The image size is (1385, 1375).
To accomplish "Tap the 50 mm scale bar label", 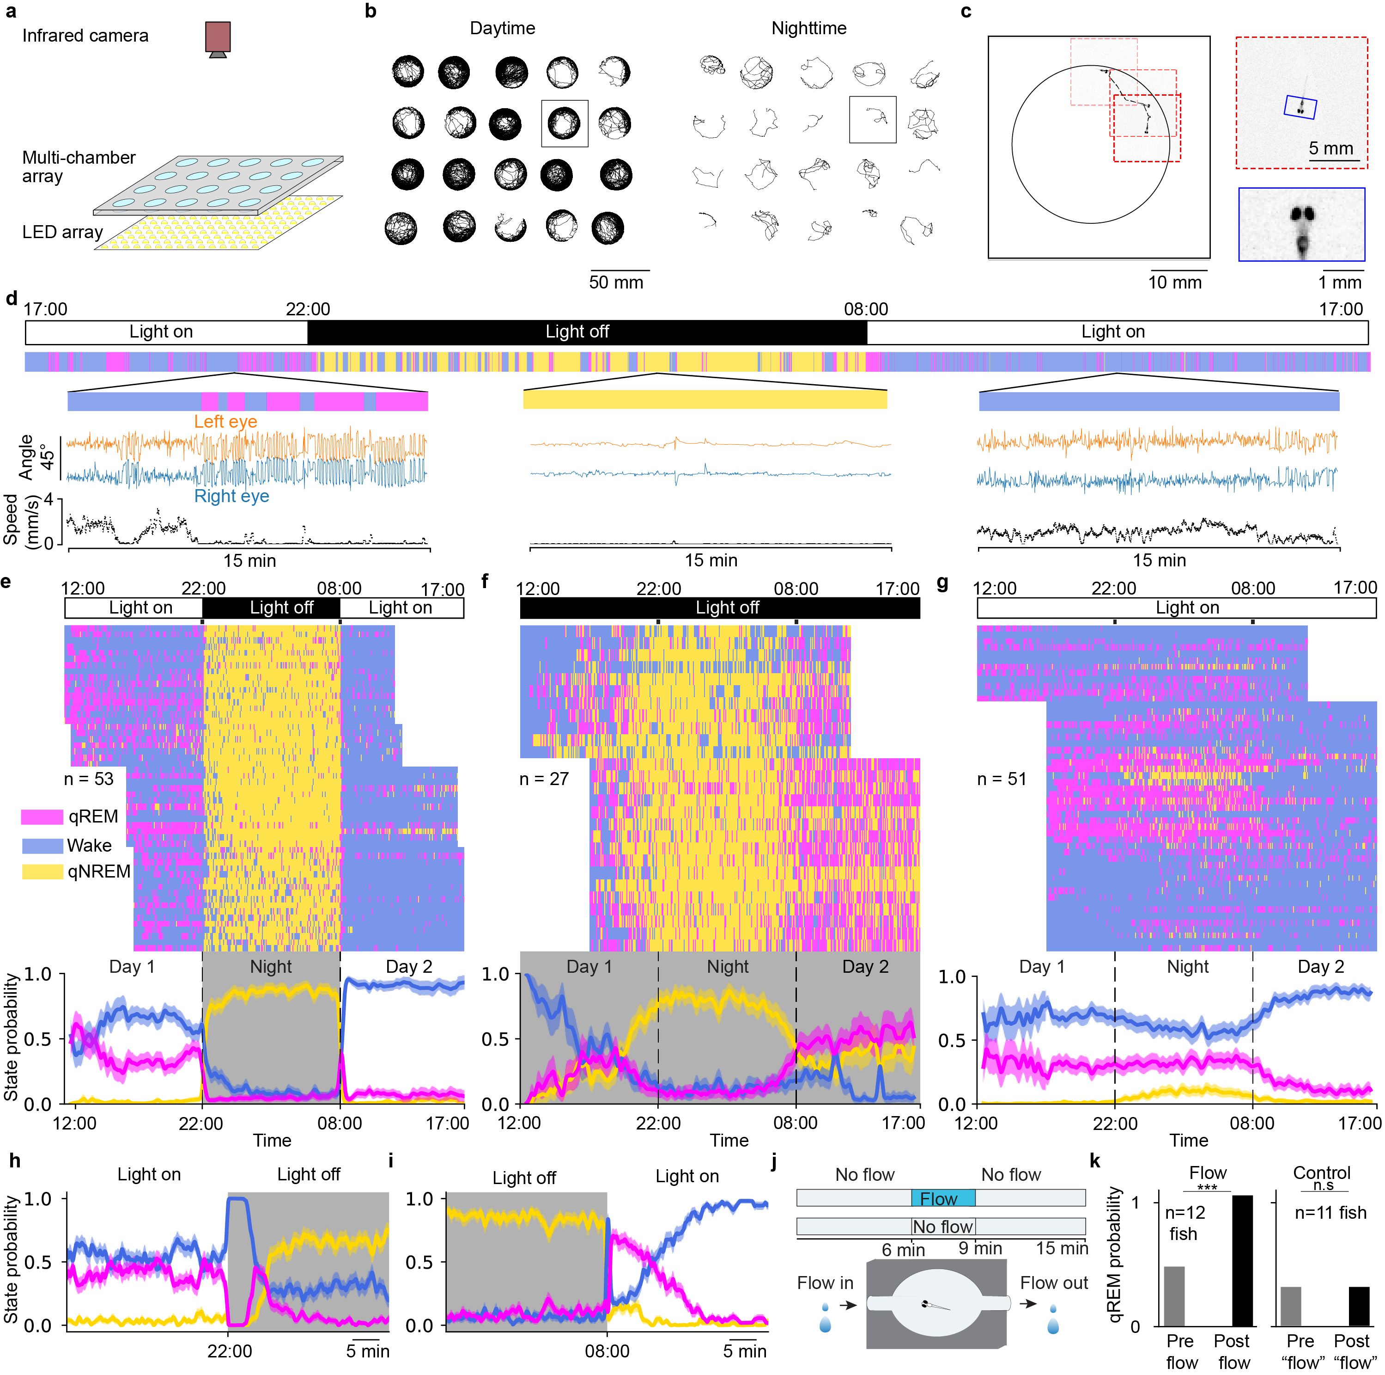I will pos(616,282).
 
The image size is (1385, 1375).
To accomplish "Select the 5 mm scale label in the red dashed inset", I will pos(1330,148).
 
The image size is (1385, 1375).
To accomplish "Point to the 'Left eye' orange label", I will pos(225,422).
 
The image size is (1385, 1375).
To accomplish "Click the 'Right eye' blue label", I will pos(231,497).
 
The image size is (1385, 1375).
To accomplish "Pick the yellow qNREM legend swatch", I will pos(42,872).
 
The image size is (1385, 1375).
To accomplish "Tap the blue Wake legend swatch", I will pos(42,846).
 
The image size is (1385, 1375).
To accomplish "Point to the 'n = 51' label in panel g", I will pos(1002,779).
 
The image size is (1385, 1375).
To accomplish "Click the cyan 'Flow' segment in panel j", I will pos(942,1198).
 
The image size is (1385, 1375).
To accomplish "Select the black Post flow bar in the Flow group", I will pos(1242,1260).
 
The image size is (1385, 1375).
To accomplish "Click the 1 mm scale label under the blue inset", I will pos(1339,282).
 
